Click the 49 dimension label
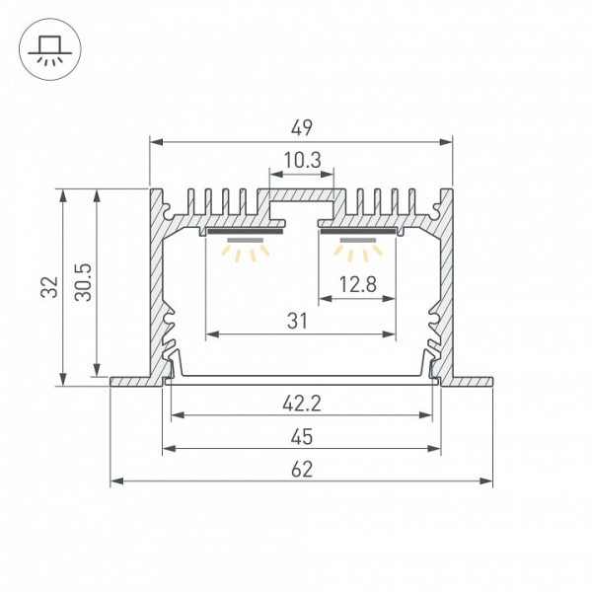coord(302,128)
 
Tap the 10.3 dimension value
coord(302,160)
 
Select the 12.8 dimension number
coord(357,284)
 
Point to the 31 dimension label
coord(297,322)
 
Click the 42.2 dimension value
coord(302,404)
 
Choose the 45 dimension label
coord(302,436)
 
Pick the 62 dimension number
coord(302,470)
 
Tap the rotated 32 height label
coord(49,287)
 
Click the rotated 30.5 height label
coord(83,282)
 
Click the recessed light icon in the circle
coord(50,49)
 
